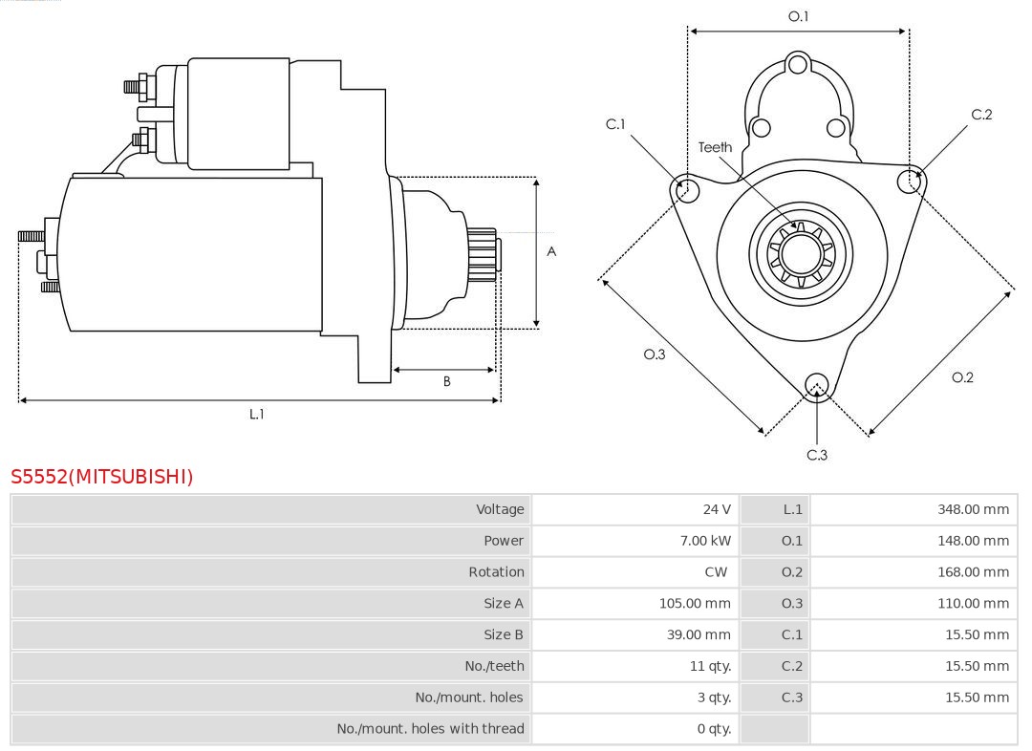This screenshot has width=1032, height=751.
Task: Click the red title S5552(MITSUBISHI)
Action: [102, 476]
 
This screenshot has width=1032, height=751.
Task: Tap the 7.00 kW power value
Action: [705, 541]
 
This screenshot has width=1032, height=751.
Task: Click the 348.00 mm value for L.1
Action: [973, 509]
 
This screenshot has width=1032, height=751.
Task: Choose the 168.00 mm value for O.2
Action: [973, 571]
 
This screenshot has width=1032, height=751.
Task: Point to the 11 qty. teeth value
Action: [711, 666]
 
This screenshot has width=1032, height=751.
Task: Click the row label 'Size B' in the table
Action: [503, 634]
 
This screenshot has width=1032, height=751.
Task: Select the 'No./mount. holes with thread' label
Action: [430, 728]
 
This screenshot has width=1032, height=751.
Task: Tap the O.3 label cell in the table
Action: [792, 603]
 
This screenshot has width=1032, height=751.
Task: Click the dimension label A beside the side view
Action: [551, 252]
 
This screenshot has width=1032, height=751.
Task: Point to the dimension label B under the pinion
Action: [446, 381]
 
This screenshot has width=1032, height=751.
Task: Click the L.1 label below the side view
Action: [257, 414]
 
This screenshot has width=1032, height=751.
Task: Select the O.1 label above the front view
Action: [798, 16]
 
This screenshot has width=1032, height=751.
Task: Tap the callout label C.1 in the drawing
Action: [615, 124]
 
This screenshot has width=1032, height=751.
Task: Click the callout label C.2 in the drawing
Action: [981, 115]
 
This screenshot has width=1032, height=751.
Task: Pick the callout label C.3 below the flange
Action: [817, 455]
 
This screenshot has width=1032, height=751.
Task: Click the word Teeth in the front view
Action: [715, 147]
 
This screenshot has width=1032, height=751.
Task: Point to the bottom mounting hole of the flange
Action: [816, 384]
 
